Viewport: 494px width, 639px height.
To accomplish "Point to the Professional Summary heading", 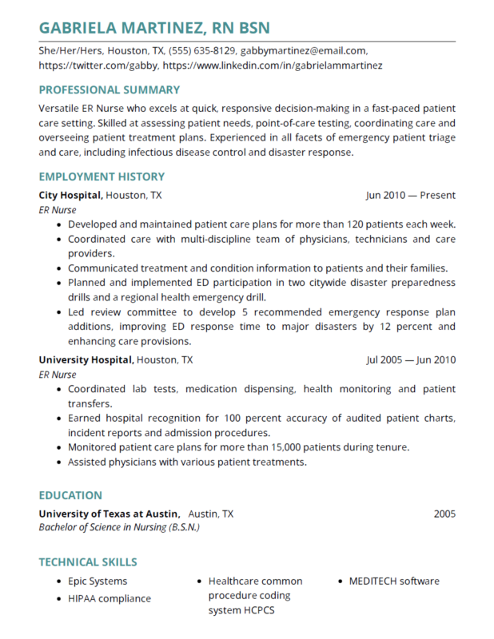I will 110,89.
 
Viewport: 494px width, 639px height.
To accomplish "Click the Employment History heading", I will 102,177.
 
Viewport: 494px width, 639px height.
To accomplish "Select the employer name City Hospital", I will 70,195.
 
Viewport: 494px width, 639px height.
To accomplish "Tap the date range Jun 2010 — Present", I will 410,195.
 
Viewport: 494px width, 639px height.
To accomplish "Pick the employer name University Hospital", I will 86,359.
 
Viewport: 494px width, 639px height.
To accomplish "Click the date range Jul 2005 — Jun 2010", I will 410,359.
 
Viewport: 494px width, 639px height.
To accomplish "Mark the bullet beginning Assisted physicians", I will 187,462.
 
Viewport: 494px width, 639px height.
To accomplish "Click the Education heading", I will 70,495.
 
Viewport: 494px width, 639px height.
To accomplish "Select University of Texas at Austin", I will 109,514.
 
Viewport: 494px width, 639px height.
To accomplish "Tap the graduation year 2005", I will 444,514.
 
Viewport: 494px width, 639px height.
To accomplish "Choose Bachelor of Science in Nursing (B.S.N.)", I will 119,527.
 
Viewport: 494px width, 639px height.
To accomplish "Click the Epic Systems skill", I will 98,581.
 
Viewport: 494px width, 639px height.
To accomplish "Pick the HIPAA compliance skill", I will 110,597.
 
